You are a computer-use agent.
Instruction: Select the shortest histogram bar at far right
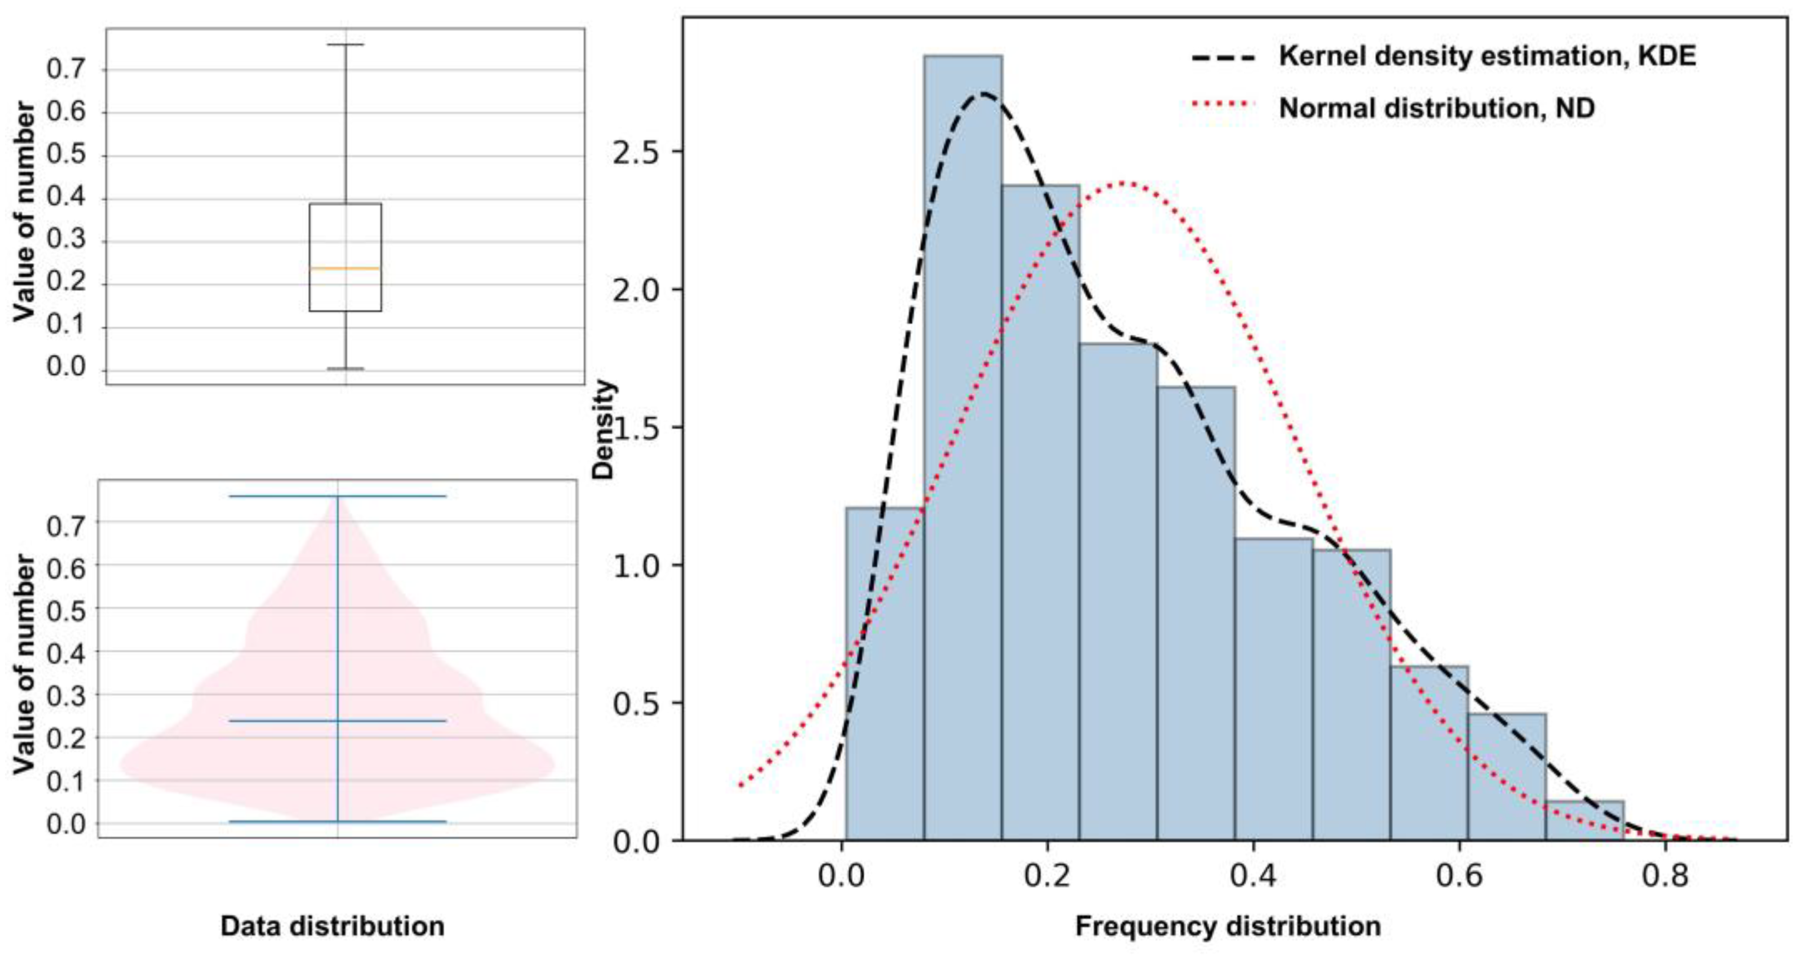click(1584, 820)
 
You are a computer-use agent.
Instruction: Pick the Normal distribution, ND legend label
click(1437, 108)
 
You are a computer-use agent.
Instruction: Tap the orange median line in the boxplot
click(345, 268)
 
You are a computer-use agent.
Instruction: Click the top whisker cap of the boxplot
click(345, 45)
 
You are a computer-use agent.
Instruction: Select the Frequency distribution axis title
click(1228, 926)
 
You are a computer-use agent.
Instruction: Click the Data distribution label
click(333, 926)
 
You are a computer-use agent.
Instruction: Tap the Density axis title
click(602, 430)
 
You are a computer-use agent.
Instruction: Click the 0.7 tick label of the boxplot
click(66, 69)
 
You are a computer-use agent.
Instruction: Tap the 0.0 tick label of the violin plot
click(66, 824)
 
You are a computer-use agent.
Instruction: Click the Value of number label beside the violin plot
click(24, 664)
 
